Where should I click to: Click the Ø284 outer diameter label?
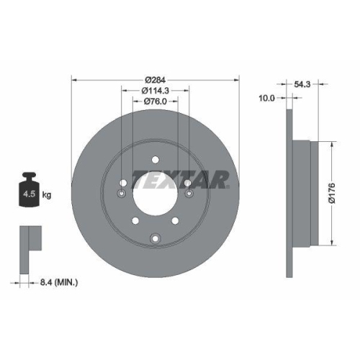(155, 78)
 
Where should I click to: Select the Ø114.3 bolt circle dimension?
(155, 90)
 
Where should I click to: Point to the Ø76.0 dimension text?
(155, 102)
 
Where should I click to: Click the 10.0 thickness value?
(266, 98)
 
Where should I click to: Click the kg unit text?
(46, 194)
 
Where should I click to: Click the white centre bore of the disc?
(156, 192)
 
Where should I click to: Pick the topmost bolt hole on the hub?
(156, 160)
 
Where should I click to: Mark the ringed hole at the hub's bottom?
(156, 239)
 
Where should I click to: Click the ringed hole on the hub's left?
(122, 193)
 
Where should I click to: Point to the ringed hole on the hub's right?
(189, 193)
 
